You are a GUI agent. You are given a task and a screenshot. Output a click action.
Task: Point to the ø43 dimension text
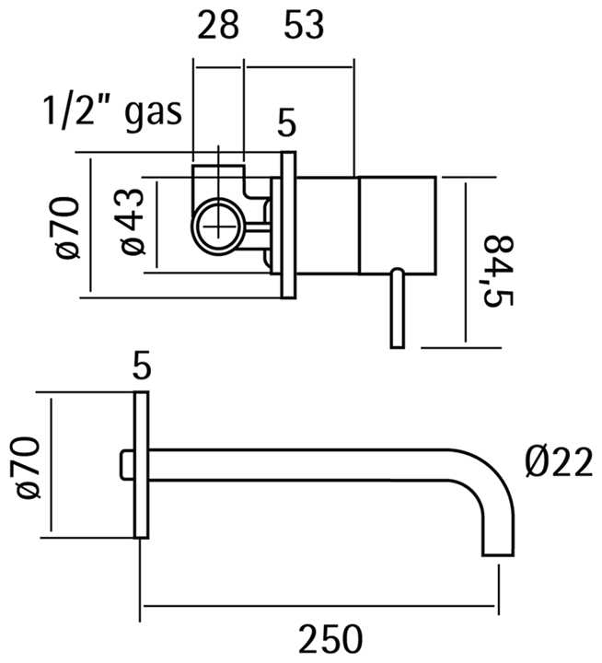pos(132,223)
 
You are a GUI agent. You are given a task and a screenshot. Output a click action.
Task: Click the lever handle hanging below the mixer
pos(397,308)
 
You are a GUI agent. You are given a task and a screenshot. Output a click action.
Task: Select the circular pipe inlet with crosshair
pos(220,226)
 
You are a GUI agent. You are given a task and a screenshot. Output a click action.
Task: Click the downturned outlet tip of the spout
pos(498,539)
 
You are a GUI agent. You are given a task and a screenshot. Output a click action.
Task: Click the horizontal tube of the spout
pos(304,464)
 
